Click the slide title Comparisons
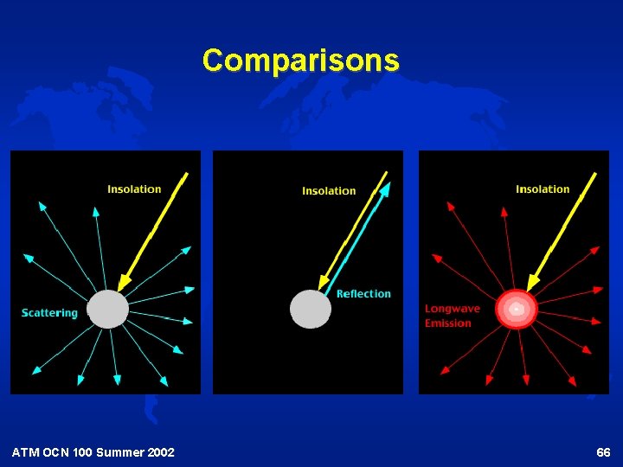pyautogui.click(x=300, y=61)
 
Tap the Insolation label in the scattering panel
pyautogui.click(x=134, y=189)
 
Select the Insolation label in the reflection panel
pyautogui.click(x=329, y=191)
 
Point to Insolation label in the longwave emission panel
pyautogui.click(x=543, y=189)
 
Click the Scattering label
pyautogui.click(x=49, y=313)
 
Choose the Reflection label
pyautogui.click(x=363, y=294)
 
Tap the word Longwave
pyautogui.click(x=452, y=309)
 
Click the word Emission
pyautogui.click(x=447, y=323)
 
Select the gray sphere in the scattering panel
pyautogui.click(x=108, y=309)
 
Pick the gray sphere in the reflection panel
pyautogui.click(x=311, y=309)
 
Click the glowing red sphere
pyautogui.click(x=516, y=309)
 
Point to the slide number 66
pyautogui.click(x=603, y=452)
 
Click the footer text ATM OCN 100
pyautogui.click(x=48, y=452)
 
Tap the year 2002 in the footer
pyautogui.click(x=160, y=452)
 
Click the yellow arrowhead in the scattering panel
pyautogui.click(x=123, y=282)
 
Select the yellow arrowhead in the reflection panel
pyautogui.click(x=324, y=282)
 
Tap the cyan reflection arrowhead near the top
pyautogui.click(x=386, y=188)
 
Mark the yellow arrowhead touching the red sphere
pyautogui.click(x=531, y=282)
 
